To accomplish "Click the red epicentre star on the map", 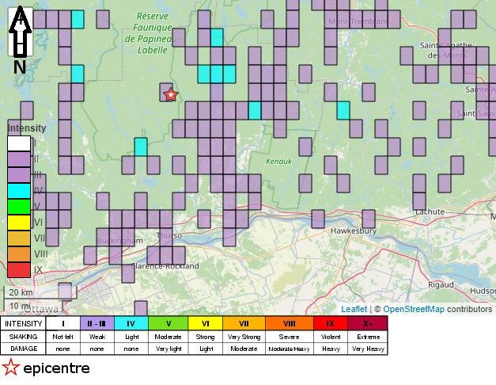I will [x=169, y=95].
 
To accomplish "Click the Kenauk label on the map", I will [x=279, y=161].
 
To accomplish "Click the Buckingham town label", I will [x=119, y=240].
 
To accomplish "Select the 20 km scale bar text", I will [x=21, y=292].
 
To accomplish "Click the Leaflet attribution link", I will [x=354, y=309].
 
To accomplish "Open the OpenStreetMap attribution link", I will [x=414, y=309].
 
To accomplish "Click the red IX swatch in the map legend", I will [x=18, y=269].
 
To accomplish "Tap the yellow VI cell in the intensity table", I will [x=205, y=324].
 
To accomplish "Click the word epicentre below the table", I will [x=56, y=368].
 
